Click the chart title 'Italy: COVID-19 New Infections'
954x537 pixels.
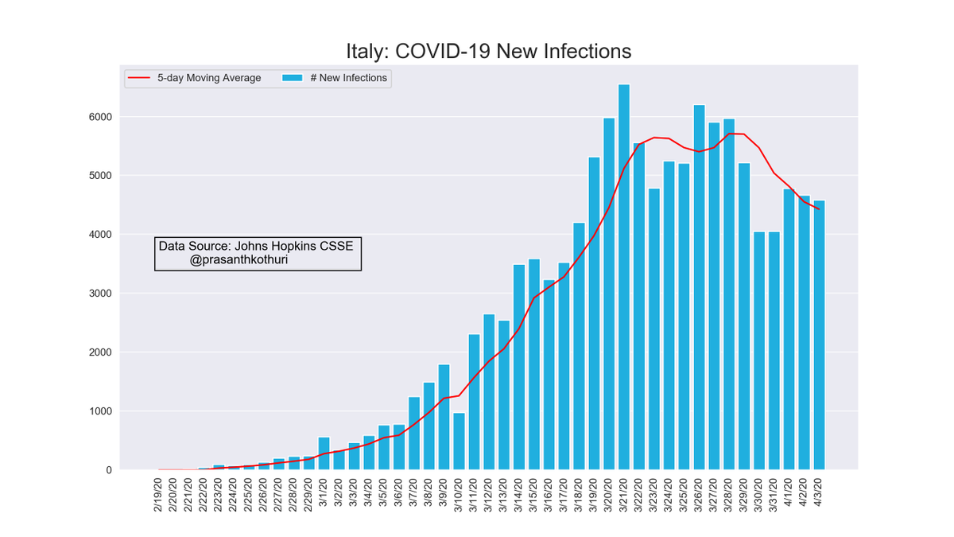click(488, 51)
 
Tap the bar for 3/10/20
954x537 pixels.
click(459, 442)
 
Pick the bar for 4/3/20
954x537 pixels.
click(819, 335)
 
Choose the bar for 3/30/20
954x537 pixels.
click(759, 351)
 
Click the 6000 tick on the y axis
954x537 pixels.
click(100, 117)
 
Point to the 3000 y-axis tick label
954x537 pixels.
click(100, 294)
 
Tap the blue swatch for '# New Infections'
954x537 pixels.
click(293, 78)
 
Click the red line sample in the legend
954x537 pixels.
click(140, 78)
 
